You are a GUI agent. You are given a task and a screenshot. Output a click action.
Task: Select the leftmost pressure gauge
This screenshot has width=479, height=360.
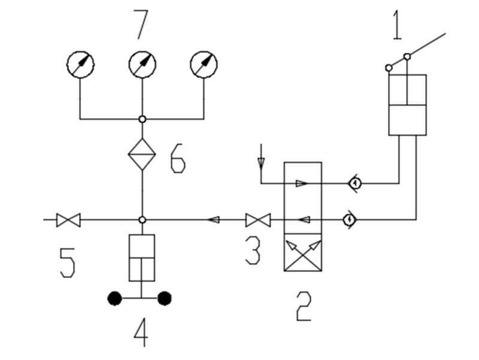tap(80, 63)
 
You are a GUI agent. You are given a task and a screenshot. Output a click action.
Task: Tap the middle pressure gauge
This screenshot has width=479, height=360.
tap(143, 63)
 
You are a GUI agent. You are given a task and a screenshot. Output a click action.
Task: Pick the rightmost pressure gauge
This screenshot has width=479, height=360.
tap(204, 63)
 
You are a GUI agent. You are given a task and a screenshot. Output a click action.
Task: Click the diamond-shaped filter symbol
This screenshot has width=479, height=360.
tap(142, 154)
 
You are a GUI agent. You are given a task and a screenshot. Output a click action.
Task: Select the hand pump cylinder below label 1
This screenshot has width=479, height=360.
tap(407, 105)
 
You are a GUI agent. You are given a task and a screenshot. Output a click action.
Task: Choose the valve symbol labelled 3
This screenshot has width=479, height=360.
tap(258, 220)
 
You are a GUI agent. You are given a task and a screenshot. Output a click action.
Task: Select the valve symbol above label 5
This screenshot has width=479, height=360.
tap(68, 220)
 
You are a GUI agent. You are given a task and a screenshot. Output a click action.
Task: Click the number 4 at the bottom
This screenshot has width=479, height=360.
tap(141, 333)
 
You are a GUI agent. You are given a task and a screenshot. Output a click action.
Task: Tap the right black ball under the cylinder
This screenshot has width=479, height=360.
tap(165, 298)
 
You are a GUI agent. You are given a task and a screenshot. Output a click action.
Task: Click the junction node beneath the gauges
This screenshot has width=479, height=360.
tap(142, 119)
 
